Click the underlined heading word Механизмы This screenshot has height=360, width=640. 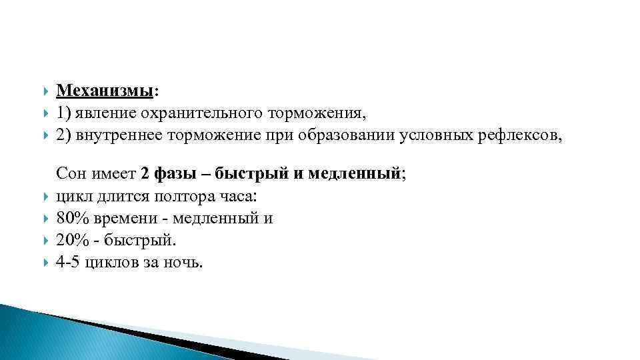pyautogui.click(x=105, y=89)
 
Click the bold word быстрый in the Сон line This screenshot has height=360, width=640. pyautogui.click(x=252, y=175)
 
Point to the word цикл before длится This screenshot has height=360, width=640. pyautogui.click(x=72, y=197)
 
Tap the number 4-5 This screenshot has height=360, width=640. pyautogui.click(x=68, y=263)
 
